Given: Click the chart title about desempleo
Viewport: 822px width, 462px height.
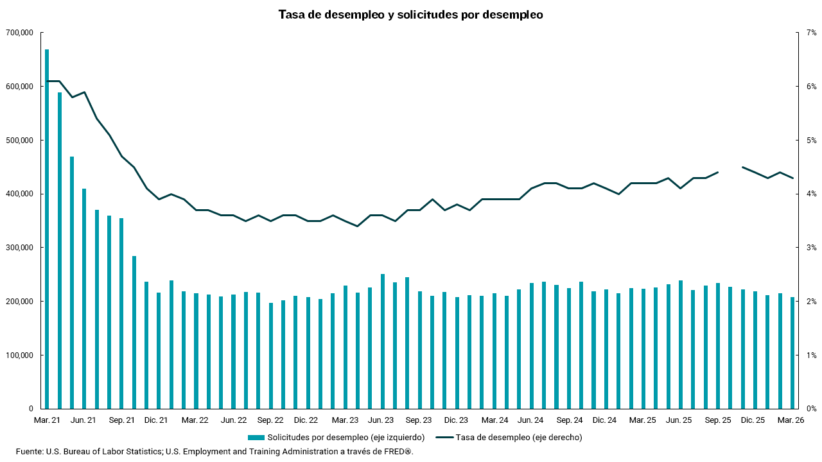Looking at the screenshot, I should pos(410,15).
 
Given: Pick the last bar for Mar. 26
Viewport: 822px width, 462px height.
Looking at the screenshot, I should pos(792,353).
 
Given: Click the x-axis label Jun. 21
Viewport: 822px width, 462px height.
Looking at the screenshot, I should pos(83,420).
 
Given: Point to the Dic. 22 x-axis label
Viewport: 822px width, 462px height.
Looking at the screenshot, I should pos(306,420).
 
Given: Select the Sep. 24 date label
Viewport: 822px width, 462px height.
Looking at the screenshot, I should pos(570,420).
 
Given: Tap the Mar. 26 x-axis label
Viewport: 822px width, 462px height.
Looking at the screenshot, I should pos(791,420).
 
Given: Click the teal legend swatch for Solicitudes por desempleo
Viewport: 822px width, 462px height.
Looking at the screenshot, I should pos(256,438).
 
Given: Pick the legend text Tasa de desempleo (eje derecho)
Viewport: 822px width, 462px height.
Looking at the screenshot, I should pos(519,438).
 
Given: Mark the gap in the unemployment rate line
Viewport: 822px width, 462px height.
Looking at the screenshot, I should pos(730,169).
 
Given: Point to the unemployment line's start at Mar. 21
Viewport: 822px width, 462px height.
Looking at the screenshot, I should pos(47,81).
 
